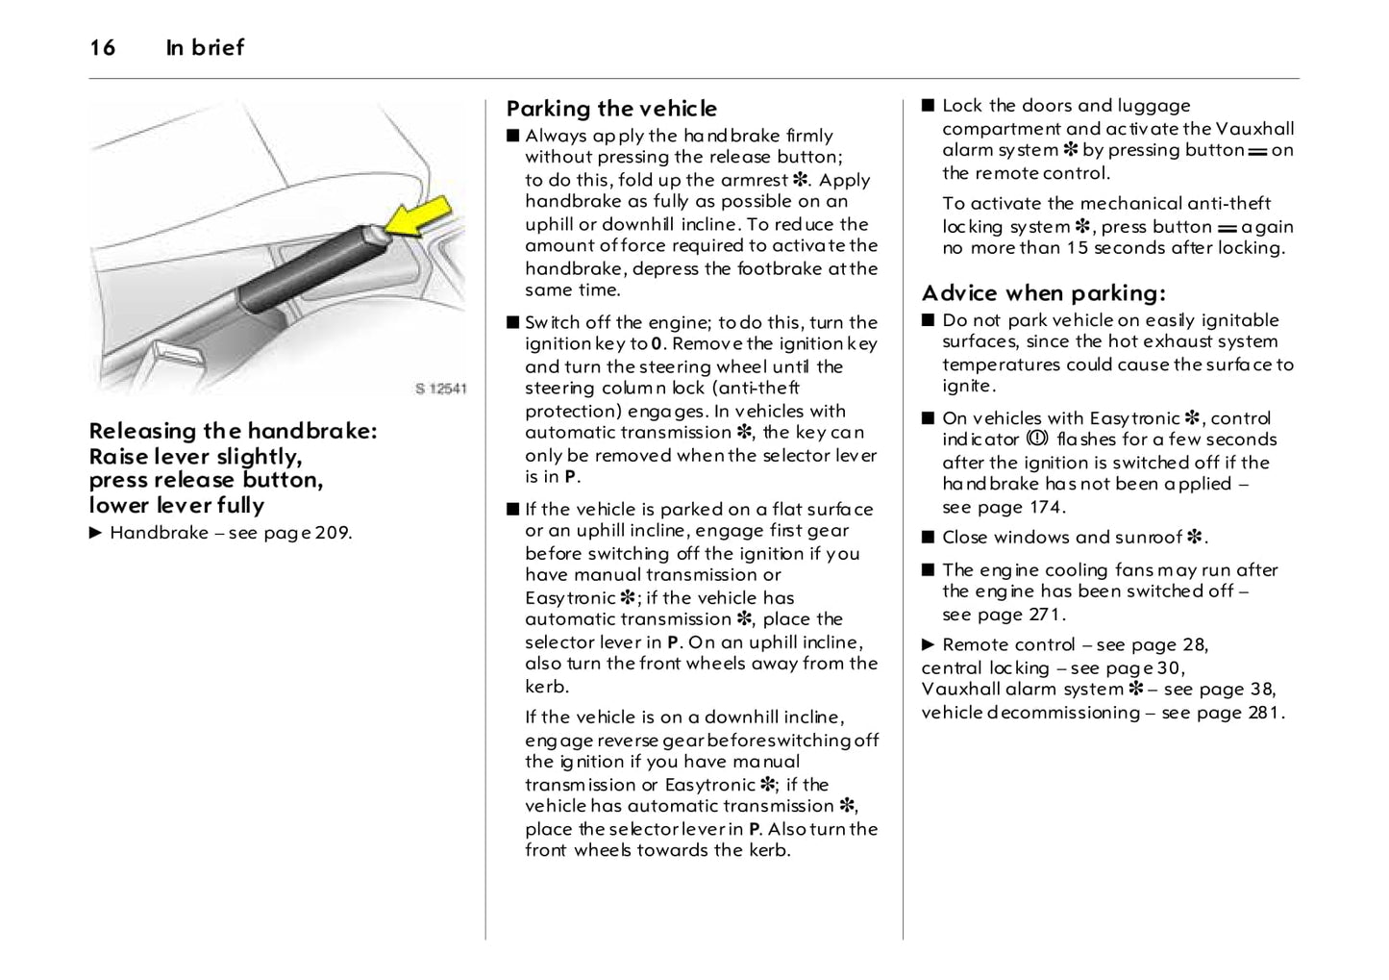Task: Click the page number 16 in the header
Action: (x=102, y=47)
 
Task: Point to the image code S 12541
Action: (x=441, y=389)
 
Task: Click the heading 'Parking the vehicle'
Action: (x=611, y=109)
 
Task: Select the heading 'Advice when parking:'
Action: (x=1043, y=293)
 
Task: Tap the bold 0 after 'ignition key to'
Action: (x=657, y=344)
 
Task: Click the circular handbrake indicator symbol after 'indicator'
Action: (x=1037, y=439)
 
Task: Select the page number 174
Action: (x=1047, y=508)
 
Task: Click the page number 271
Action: (x=1047, y=615)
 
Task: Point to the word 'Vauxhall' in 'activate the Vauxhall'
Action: (x=1254, y=129)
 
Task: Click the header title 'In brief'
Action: (x=205, y=47)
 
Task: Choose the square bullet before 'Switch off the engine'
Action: (x=512, y=322)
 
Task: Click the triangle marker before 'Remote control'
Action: (x=928, y=644)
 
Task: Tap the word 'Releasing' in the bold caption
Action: (x=142, y=431)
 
